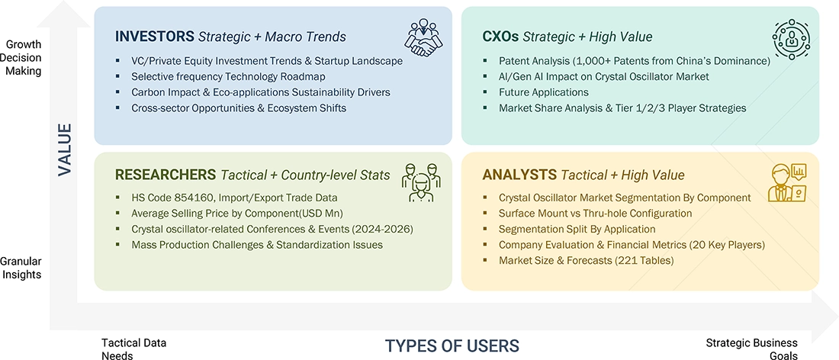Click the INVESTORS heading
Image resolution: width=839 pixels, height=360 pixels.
[x=154, y=37]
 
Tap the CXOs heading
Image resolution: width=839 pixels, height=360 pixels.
[x=500, y=37]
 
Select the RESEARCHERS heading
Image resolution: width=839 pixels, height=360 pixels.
[x=166, y=175]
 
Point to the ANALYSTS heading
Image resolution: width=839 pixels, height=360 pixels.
[x=519, y=175]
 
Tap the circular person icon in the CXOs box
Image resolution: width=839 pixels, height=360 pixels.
[x=791, y=39]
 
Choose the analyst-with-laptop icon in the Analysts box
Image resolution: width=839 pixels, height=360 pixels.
[x=787, y=183]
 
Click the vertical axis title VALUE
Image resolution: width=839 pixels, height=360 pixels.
[x=65, y=149]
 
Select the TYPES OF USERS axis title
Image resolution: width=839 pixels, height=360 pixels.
[x=452, y=346]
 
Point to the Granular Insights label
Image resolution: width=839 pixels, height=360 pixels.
[x=21, y=268]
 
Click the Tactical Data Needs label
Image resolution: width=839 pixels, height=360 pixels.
[x=134, y=349]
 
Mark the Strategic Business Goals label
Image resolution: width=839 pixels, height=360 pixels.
[x=751, y=349]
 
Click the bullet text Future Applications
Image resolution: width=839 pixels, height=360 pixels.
[x=544, y=92]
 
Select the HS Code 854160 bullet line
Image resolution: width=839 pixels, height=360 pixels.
[x=234, y=198]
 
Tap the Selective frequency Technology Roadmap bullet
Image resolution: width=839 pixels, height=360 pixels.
[x=228, y=76]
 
